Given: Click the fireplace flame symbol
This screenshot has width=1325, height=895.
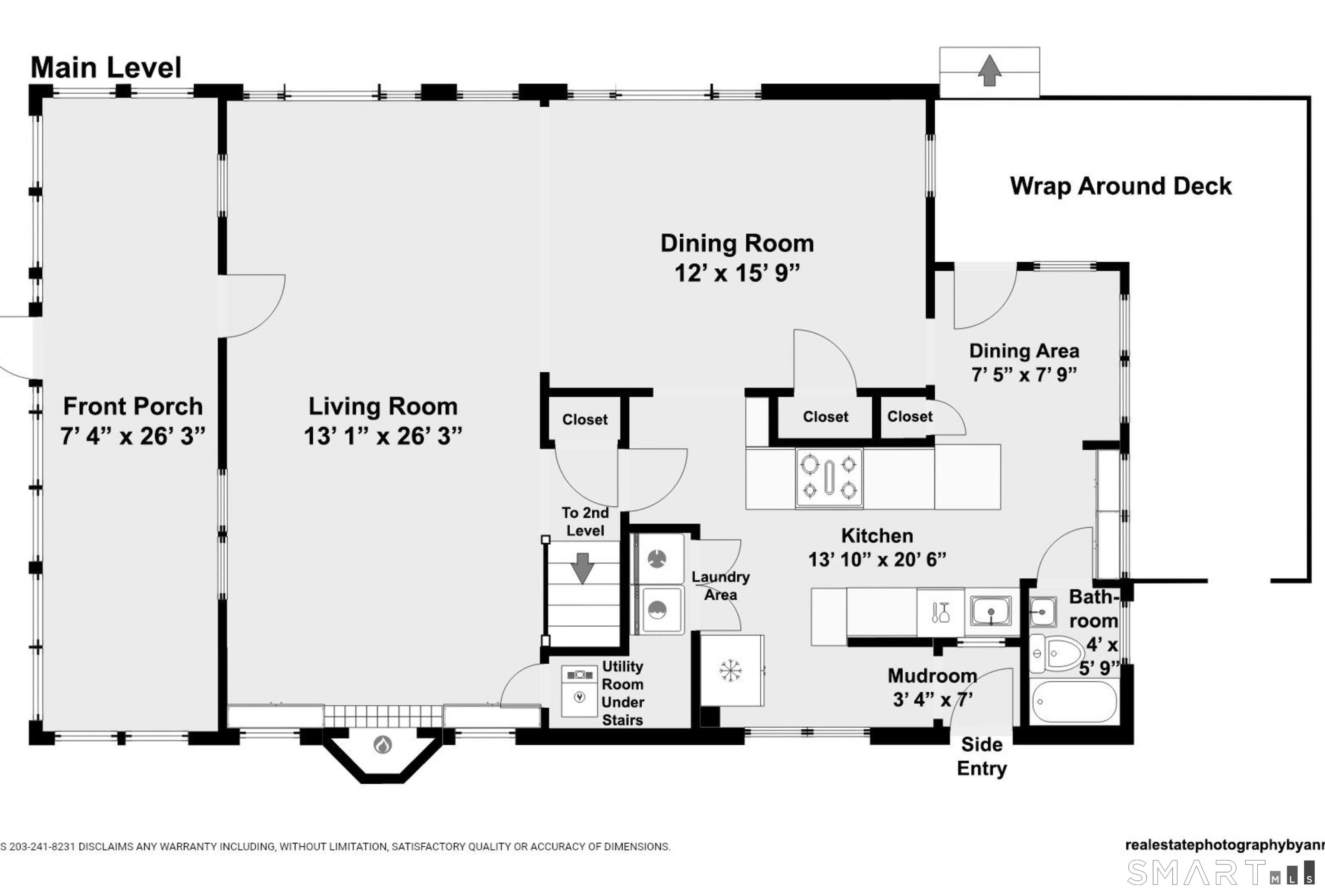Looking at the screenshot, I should click(383, 744).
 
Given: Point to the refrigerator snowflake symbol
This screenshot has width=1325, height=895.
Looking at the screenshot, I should click(730, 671).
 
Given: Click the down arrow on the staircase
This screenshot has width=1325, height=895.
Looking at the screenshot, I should click(582, 567).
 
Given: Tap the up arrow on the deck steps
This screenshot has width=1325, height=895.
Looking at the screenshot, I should click(990, 70).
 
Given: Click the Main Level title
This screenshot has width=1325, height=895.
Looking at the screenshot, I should click(106, 68).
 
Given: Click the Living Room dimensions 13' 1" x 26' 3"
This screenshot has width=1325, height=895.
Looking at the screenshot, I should click(383, 436).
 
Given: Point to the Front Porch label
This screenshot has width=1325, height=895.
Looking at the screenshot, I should click(133, 407).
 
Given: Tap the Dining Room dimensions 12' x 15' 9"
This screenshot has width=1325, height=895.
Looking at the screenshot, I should click(737, 273).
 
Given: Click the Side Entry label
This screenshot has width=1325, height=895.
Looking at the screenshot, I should click(981, 756).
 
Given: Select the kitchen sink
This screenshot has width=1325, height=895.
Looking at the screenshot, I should click(992, 611).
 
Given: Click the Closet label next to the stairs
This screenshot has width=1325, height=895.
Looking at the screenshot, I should click(584, 420).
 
